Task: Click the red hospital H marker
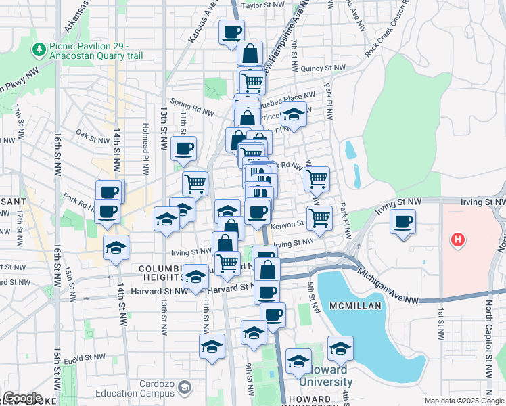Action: click(x=459, y=240)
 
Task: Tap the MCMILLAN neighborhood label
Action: click(x=356, y=306)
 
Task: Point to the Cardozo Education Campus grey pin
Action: click(x=185, y=388)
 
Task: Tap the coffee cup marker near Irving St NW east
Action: click(x=403, y=223)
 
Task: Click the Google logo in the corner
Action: click(x=22, y=398)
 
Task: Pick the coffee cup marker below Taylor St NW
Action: click(x=231, y=32)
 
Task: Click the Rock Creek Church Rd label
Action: click(x=388, y=30)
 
